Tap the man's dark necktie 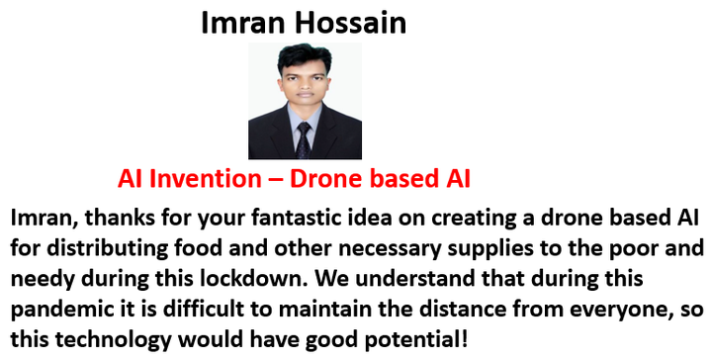pyautogui.click(x=303, y=139)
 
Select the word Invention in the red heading pyautogui.click(x=205, y=179)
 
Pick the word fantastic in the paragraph pyautogui.click(x=298, y=218)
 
